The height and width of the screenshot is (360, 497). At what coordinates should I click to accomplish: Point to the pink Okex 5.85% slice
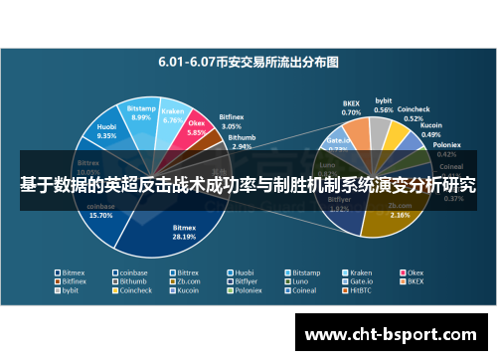click(x=196, y=131)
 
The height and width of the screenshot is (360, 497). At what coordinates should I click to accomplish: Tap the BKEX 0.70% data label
click(x=351, y=106)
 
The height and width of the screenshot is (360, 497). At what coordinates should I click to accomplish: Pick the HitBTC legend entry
click(x=359, y=291)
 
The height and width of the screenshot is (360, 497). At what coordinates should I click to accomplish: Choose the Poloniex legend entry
click(x=248, y=291)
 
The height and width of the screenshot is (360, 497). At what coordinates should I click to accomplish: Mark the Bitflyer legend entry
click(x=248, y=281)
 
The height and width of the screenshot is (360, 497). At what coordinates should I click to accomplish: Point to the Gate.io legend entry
click(x=360, y=281)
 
